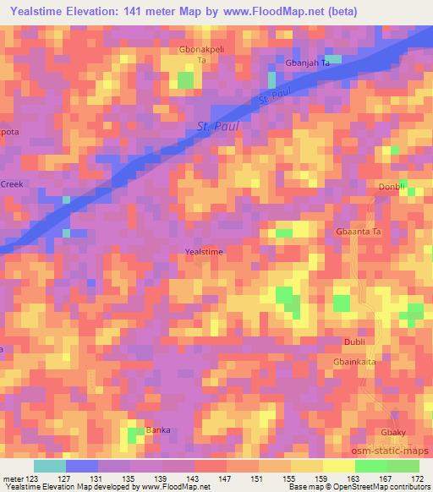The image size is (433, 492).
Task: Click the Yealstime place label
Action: coord(204,252)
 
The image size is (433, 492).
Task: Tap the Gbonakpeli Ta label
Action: coord(202,55)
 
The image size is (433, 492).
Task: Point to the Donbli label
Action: coord(392,187)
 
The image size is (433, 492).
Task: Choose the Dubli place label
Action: coord(355,342)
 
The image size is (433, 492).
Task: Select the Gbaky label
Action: coord(393,432)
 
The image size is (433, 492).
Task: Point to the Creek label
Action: coord(12,183)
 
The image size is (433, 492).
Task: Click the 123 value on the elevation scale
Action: coord(33,478)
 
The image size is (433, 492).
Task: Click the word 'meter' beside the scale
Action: coord(13,478)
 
